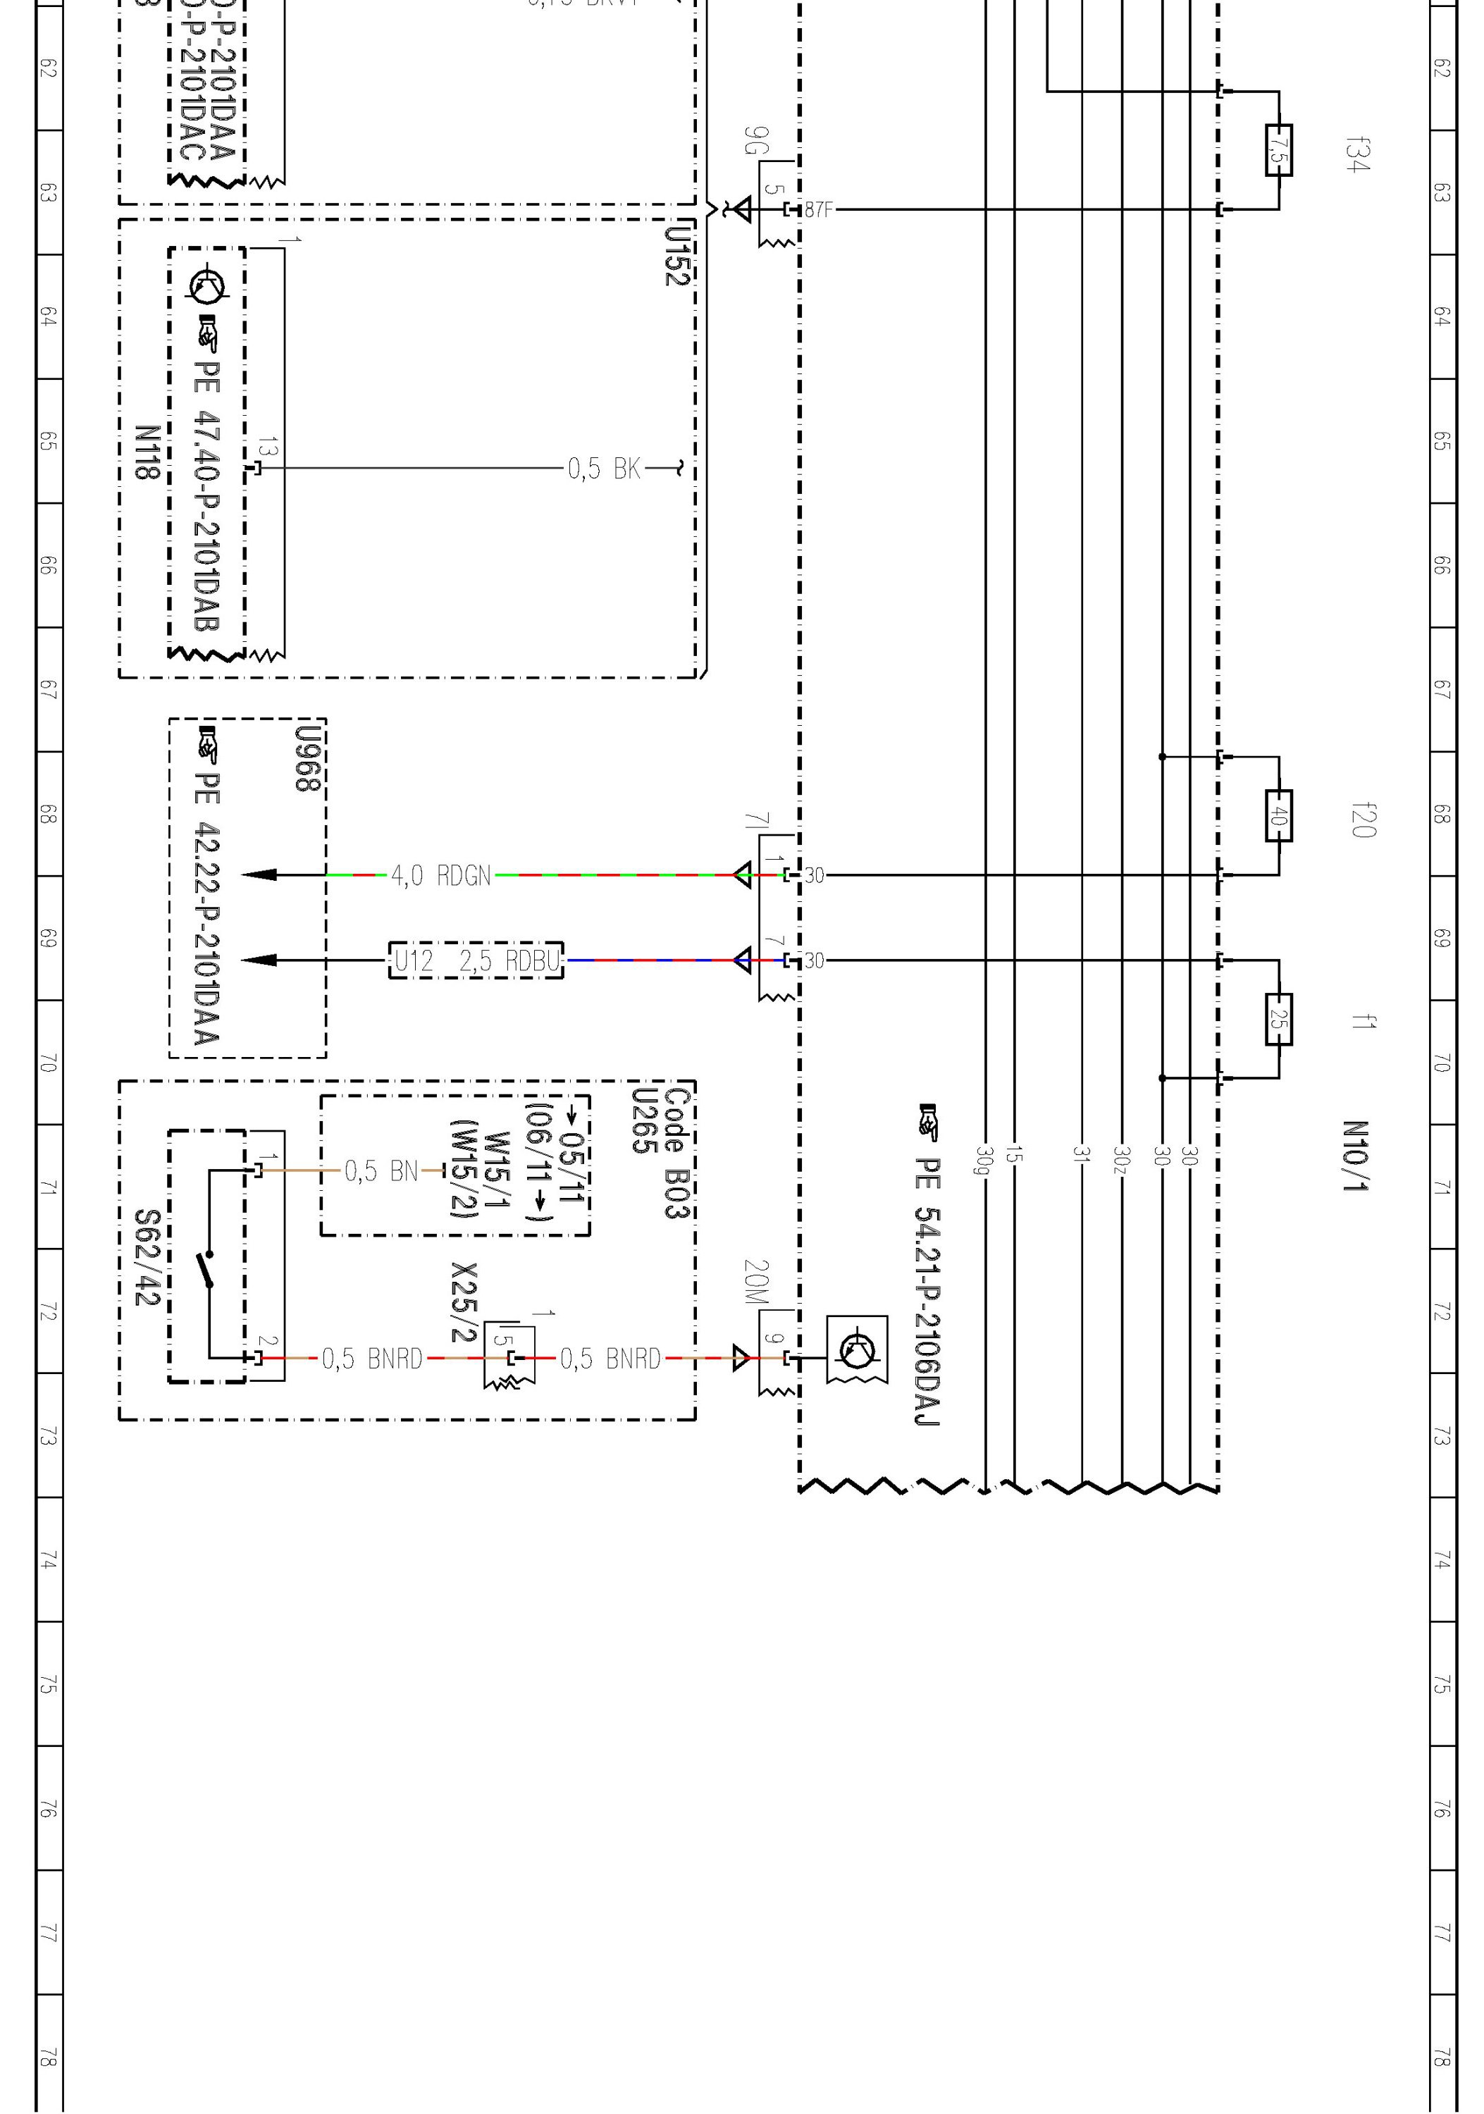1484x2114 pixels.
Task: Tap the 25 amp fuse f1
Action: [1279, 1019]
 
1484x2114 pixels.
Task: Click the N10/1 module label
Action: [1354, 1156]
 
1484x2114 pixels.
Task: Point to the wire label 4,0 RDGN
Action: [441, 876]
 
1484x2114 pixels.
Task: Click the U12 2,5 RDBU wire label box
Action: [476, 961]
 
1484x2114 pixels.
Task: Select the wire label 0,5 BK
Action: [603, 469]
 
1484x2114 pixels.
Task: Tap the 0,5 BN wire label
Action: [381, 1171]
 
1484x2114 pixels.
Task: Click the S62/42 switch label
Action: [147, 1258]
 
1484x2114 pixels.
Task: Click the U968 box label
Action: [307, 760]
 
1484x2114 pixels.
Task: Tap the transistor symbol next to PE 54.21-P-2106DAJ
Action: [857, 1351]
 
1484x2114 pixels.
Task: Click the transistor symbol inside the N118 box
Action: [206, 285]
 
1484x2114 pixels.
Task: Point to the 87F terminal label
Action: [818, 210]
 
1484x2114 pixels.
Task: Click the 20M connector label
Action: [755, 1282]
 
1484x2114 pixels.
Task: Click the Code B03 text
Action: [676, 1153]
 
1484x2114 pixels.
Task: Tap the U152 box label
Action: [676, 256]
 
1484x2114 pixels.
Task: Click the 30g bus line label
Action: [985, 1160]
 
